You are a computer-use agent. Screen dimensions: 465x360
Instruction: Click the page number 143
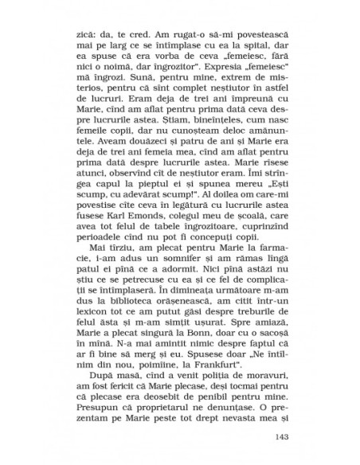284,436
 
